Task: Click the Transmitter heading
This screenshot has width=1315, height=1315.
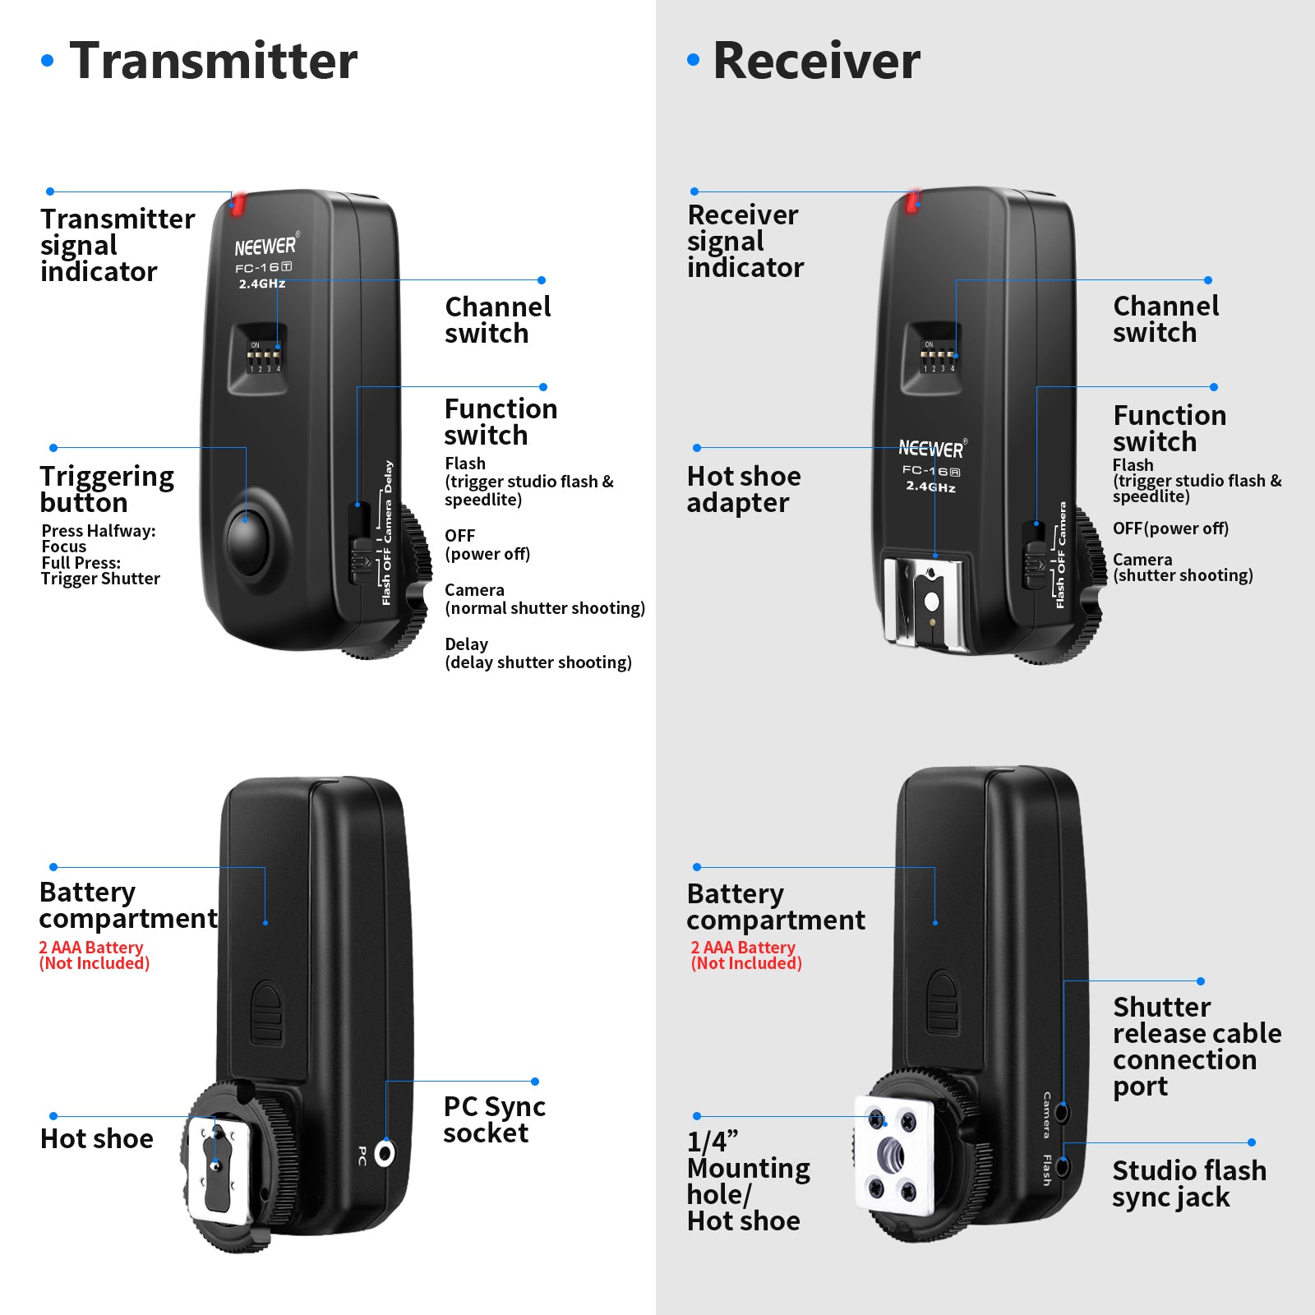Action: point(213,61)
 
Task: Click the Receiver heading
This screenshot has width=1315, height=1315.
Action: point(816,61)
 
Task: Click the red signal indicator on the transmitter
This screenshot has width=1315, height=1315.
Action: point(238,204)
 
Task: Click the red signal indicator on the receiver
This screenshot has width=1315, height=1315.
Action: point(912,201)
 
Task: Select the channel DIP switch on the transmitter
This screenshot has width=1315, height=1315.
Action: point(265,358)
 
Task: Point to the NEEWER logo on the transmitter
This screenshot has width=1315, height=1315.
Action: point(265,247)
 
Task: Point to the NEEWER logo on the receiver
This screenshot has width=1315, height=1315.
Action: point(931,449)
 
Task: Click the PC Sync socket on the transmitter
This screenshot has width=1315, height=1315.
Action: point(385,1153)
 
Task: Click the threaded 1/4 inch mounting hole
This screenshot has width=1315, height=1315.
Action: point(892,1155)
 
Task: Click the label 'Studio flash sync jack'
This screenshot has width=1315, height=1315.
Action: point(1188,1183)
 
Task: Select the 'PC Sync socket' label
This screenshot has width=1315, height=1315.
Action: point(494,1119)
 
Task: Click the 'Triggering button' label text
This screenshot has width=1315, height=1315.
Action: point(107,489)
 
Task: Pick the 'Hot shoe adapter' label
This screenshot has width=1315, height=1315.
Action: point(743,489)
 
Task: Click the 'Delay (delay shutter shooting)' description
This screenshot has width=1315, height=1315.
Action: point(538,653)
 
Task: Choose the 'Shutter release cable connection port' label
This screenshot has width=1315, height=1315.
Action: point(1196,1046)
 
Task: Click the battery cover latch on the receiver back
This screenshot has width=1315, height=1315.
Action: point(942,1004)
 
